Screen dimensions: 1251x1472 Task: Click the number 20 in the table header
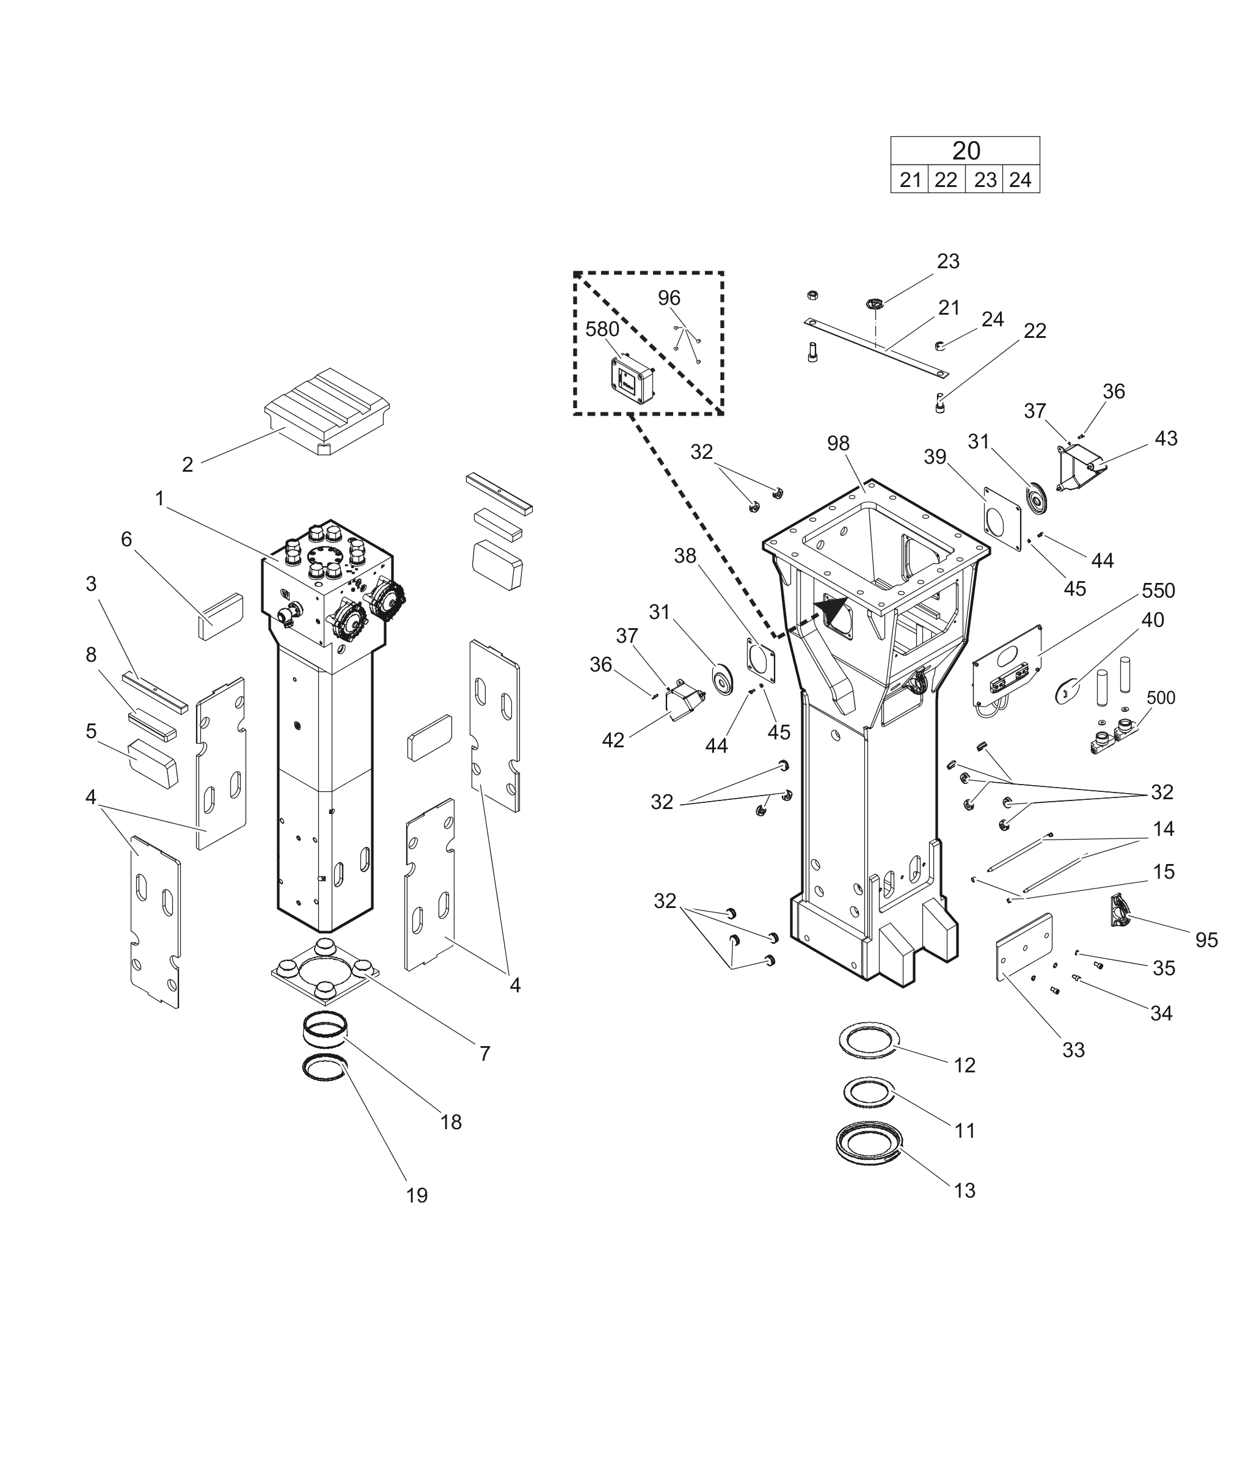pyautogui.click(x=965, y=151)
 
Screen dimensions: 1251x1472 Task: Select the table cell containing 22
pyautogui.click(x=946, y=180)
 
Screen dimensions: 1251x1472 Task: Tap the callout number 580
pyautogui.click(x=602, y=329)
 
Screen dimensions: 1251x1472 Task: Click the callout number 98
pyautogui.click(x=837, y=444)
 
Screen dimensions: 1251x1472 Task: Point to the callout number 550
pyautogui.click(x=1158, y=590)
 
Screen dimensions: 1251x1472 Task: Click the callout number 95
pyautogui.click(x=1206, y=940)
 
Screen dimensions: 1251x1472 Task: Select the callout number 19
pyautogui.click(x=417, y=1195)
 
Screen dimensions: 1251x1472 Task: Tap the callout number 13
pyautogui.click(x=965, y=1190)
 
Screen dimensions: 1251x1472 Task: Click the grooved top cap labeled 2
pyautogui.click(x=327, y=410)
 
